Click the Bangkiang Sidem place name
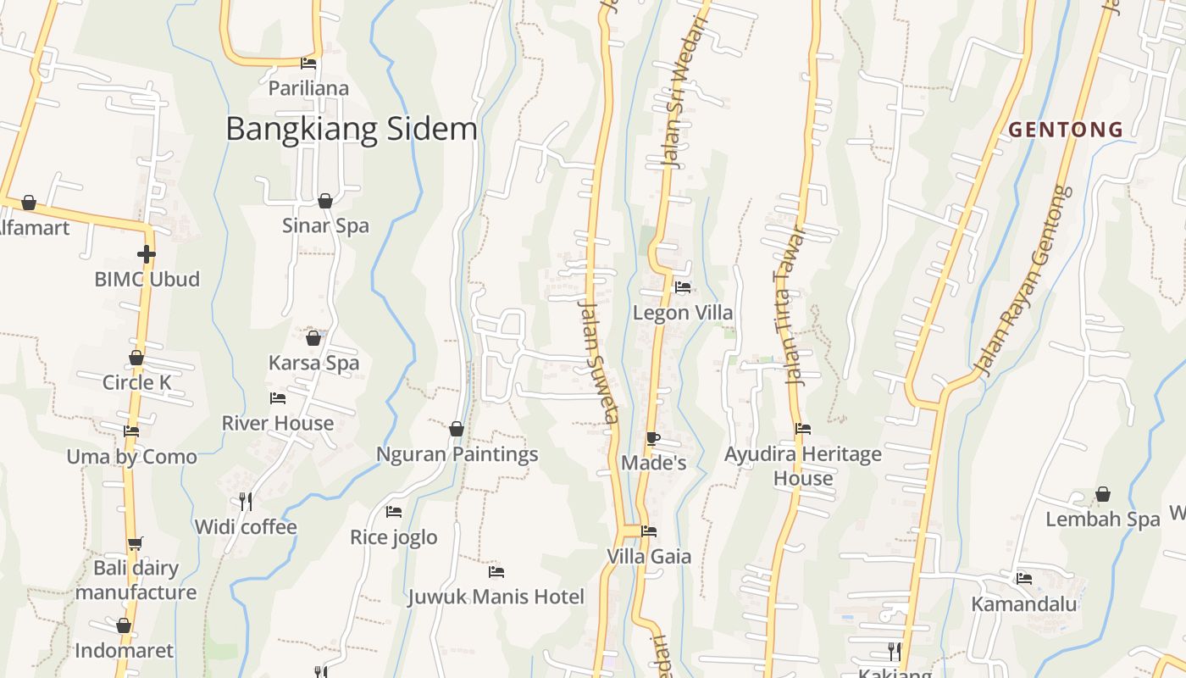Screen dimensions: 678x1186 point(352,129)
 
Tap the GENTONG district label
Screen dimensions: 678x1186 point(1066,130)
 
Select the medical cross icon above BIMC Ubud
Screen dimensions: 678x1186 point(147,253)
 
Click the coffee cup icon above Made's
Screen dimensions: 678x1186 point(652,438)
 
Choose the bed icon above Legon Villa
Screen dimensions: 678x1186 point(683,287)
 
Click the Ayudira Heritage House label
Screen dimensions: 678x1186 point(803,466)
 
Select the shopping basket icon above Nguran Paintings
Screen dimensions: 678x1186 point(457,429)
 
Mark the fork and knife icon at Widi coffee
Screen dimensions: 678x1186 point(246,502)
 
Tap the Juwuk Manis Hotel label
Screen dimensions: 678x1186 point(496,597)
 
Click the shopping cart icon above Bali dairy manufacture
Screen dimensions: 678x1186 point(136,543)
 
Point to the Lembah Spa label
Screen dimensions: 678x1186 point(1103,520)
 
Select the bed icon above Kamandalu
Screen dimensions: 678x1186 point(1024,579)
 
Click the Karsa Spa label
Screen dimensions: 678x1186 point(313,363)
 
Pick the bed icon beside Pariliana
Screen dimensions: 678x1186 point(308,63)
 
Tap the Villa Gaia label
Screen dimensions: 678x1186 point(649,557)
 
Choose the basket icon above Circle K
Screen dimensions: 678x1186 point(136,358)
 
